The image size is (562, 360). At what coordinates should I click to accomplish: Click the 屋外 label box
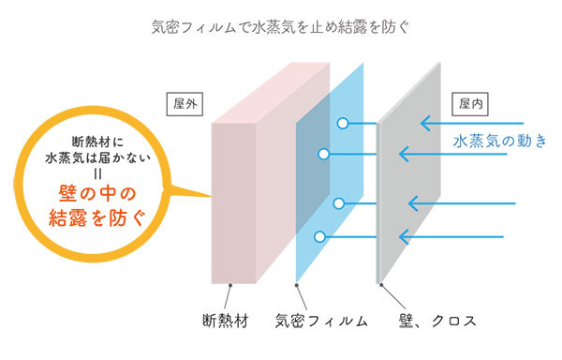coord(184,103)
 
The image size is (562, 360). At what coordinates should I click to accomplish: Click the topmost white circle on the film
coord(344,122)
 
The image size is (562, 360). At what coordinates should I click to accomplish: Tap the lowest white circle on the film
coord(319,236)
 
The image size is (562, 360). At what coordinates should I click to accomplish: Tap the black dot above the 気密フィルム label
coord(298,284)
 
